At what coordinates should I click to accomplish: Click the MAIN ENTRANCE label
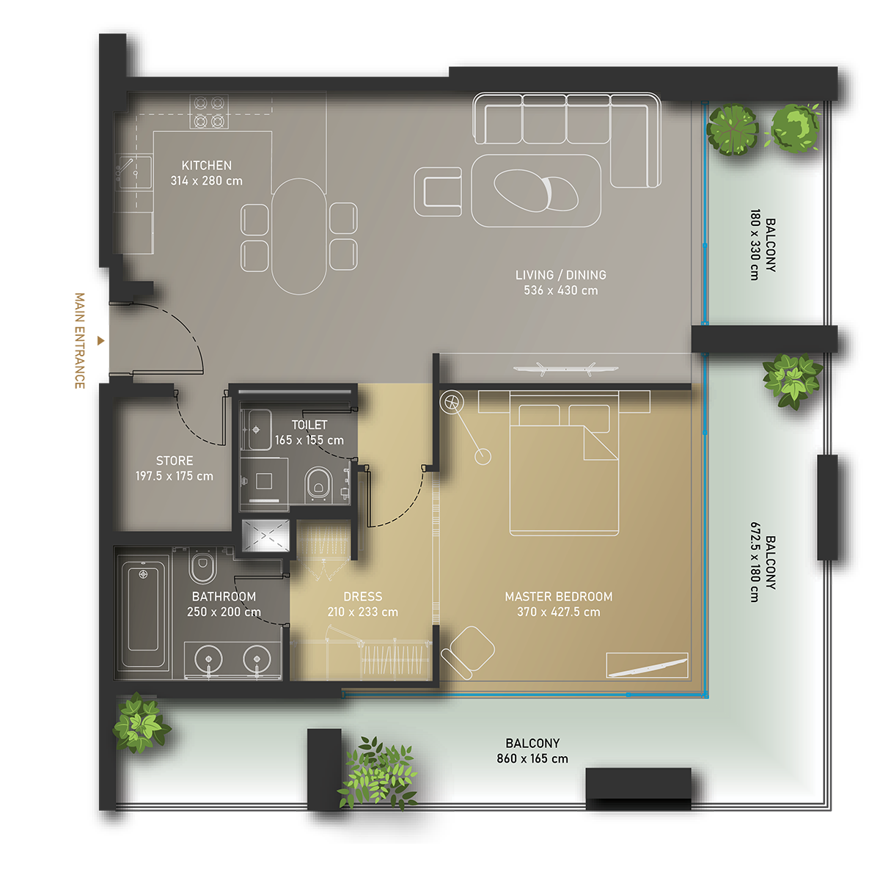click(x=80, y=341)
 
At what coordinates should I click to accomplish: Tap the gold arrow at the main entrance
click(x=101, y=341)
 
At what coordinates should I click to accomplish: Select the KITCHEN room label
click(x=206, y=165)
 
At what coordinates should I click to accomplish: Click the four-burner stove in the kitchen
click(x=209, y=112)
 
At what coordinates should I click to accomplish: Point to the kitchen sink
click(x=133, y=172)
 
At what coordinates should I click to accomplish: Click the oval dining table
click(x=299, y=236)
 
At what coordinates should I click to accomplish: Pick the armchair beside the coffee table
click(x=438, y=192)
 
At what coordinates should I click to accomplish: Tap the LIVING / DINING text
click(x=561, y=275)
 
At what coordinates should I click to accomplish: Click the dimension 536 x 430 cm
click(x=561, y=290)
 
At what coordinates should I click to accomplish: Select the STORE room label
click(x=175, y=461)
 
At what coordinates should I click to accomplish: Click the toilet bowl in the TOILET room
click(x=318, y=484)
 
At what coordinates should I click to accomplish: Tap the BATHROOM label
click(x=224, y=596)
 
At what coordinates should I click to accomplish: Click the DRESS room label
click(x=362, y=596)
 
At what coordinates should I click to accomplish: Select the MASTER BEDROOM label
click(x=559, y=596)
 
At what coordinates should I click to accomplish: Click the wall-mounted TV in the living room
click(x=566, y=369)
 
